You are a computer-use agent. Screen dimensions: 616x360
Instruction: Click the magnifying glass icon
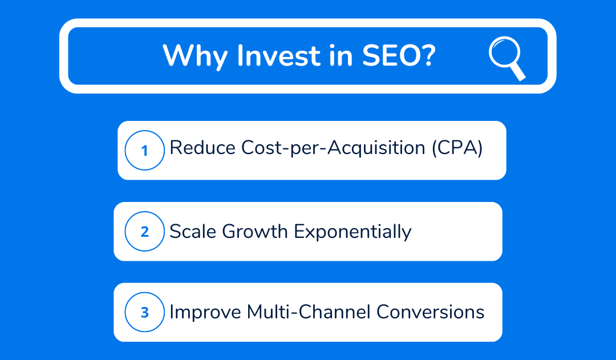[507, 58]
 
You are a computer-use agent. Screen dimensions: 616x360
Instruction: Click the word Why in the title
[195, 56]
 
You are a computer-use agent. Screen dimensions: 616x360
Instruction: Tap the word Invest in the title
[279, 55]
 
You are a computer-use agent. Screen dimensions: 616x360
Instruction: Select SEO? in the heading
[399, 55]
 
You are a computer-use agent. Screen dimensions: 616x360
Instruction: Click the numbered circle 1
[144, 150]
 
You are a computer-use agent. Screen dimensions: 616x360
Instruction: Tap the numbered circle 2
[144, 231]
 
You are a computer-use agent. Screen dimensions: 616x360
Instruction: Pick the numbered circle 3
[144, 312]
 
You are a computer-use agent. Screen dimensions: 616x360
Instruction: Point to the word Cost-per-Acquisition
[333, 148]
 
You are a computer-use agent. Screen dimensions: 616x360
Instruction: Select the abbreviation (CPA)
[457, 148]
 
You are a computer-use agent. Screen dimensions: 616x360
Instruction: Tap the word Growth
[255, 231]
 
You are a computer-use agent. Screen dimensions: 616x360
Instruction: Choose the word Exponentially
[353, 232]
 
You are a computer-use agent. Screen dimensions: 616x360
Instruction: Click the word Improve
[205, 313]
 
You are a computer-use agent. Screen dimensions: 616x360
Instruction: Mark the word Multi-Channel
[309, 312]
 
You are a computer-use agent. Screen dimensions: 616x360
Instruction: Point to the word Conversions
[430, 312]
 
